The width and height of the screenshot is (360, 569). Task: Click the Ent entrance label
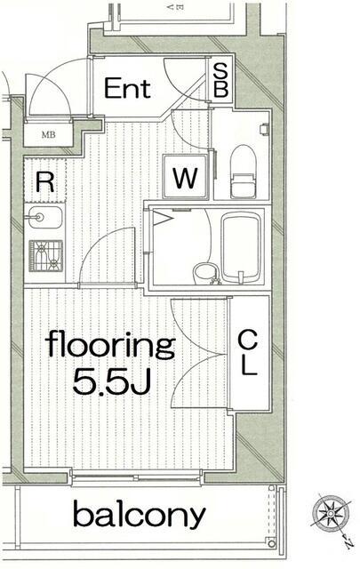(127, 88)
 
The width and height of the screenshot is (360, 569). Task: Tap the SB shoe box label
(220, 80)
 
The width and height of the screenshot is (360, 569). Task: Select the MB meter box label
(48, 135)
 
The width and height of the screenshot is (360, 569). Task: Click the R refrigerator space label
(45, 182)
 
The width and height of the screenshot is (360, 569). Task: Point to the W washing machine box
(186, 177)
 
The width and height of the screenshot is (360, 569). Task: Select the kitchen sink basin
(44, 217)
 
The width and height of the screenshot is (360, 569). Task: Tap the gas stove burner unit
(45, 256)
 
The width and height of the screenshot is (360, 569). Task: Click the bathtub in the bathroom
(241, 248)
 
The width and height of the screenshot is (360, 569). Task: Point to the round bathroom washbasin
(205, 274)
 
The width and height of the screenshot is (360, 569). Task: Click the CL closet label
(248, 352)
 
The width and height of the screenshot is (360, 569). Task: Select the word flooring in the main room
(110, 346)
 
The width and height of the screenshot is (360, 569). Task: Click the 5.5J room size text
(111, 382)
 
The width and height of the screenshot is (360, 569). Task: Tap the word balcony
(139, 514)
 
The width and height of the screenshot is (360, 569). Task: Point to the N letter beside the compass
(348, 544)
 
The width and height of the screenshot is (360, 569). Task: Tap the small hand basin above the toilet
(264, 129)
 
